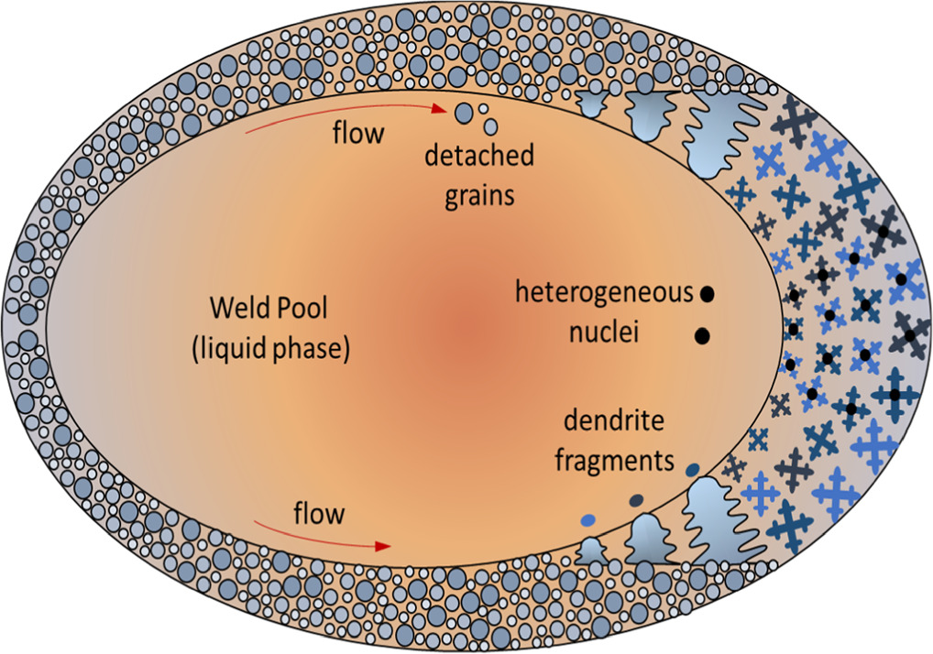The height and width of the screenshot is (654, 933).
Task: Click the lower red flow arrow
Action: [x=321, y=536]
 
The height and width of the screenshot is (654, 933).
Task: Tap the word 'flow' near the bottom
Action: [x=319, y=513]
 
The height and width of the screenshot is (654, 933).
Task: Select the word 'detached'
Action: [x=479, y=156]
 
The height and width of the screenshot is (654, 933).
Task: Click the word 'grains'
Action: [x=479, y=196]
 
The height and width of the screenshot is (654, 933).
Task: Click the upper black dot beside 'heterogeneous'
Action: [x=707, y=294]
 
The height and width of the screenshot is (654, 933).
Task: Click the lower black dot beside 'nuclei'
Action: [x=702, y=335]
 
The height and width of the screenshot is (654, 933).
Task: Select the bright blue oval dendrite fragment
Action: [x=588, y=520]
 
